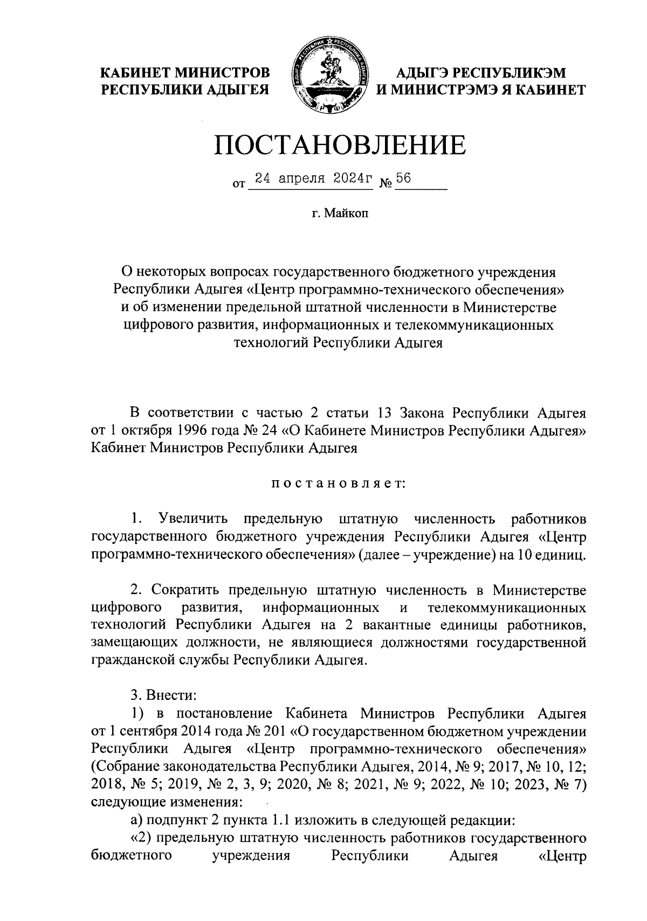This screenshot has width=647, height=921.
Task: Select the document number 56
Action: (x=403, y=180)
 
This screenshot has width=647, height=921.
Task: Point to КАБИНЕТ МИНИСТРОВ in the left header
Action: (x=186, y=72)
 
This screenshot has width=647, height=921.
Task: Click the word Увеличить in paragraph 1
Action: (x=193, y=519)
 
